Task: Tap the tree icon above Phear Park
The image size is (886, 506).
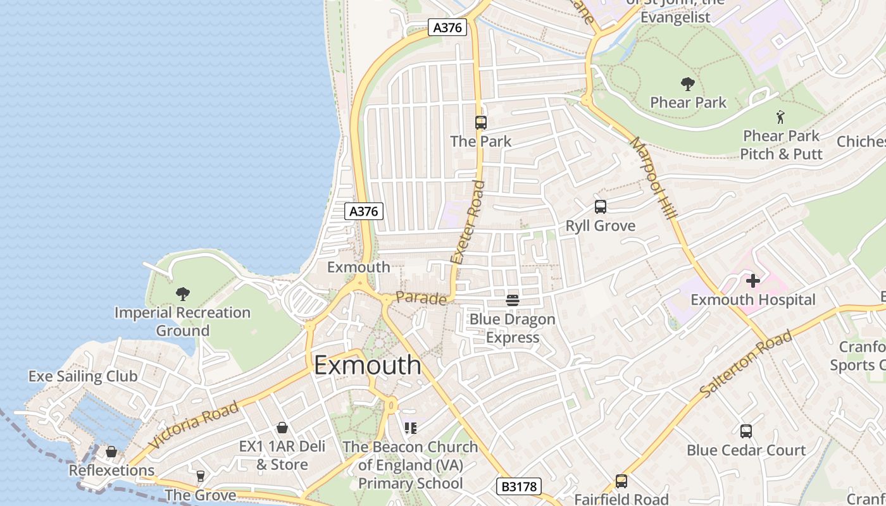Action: tap(687, 83)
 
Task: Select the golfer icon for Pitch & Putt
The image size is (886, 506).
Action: tap(780, 117)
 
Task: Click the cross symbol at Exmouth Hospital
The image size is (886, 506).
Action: tap(752, 280)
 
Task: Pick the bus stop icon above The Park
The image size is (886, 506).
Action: tap(480, 123)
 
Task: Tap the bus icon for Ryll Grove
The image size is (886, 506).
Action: tap(600, 207)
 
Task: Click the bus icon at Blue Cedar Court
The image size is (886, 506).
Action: tap(746, 431)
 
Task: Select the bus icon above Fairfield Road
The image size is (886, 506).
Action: tap(621, 481)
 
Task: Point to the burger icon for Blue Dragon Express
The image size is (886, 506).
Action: tap(513, 300)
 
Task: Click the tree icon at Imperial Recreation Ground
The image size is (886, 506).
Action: tap(183, 293)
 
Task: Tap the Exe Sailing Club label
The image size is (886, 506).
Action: tap(83, 376)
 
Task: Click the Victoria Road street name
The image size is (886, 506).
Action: tap(194, 424)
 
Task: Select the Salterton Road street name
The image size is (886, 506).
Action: tap(746, 365)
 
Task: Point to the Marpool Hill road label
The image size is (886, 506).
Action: tap(654, 179)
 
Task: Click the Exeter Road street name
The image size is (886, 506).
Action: tap(468, 222)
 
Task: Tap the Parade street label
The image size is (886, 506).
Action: tap(421, 298)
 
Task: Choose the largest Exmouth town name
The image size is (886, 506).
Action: tap(367, 365)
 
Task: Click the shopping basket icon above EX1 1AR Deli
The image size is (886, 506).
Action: tap(282, 428)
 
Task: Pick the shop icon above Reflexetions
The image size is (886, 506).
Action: tap(111, 452)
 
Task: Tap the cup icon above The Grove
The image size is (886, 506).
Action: tap(201, 476)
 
